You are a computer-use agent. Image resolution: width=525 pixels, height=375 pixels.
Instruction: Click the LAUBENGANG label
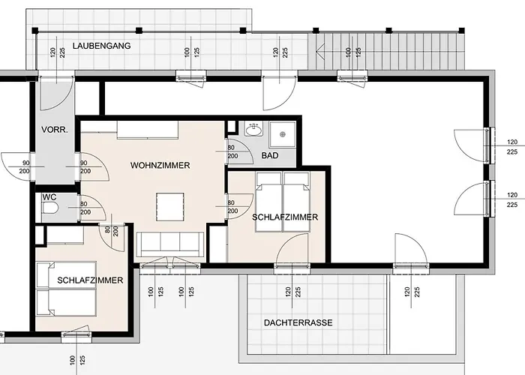click(x=101, y=46)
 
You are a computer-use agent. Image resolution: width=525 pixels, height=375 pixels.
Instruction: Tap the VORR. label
click(x=55, y=130)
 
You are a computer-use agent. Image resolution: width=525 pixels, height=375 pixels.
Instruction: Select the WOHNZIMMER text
click(x=160, y=166)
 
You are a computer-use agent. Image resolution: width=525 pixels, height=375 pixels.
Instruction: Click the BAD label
click(x=270, y=156)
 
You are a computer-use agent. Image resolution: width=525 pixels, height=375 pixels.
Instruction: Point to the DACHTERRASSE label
click(x=298, y=322)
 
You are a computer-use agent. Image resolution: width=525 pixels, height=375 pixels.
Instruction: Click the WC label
click(x=49, y=197)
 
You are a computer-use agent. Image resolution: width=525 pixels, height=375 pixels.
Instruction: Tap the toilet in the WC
click(x=50, y=208)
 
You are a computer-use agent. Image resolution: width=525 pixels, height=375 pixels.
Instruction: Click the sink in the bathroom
click(x=254, y=129)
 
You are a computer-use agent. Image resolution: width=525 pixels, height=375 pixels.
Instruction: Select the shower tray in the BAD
click(x=283, y=134)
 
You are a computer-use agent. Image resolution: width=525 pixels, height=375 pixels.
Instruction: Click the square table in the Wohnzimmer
click(x=170, y=206)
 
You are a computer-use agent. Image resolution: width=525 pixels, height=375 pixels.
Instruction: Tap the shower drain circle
click(x=283, y=134)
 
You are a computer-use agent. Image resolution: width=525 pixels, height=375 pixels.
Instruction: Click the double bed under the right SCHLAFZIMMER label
click(x=283, y=202)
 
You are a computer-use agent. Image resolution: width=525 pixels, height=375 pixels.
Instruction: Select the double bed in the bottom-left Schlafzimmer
click(x=66, y=289)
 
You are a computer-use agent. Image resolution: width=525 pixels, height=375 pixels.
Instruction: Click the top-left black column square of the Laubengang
click(x=34, y=31)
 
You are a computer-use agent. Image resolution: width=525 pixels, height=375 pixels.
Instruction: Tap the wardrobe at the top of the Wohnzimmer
click(x=147, y=130)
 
